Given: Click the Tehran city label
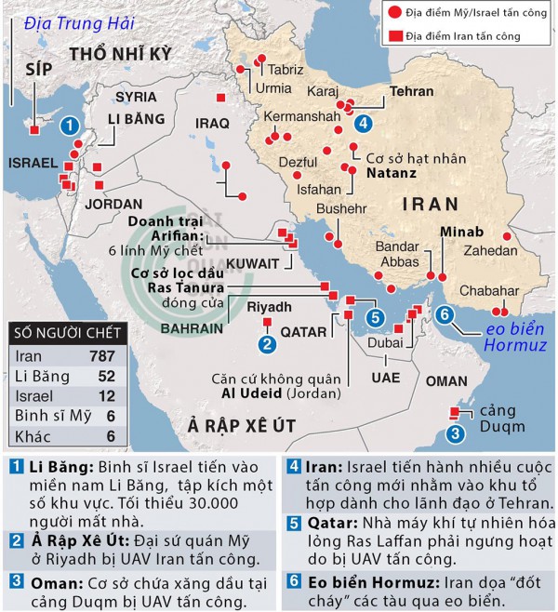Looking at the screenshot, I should click(412, 93).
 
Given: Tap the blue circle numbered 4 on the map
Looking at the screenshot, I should click(363, 122).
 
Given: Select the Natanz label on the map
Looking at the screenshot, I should click(390, 173).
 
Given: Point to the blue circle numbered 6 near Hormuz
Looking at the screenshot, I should click(445, 314).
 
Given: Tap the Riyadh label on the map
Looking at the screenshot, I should click(271, 306).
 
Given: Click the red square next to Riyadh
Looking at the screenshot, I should click(267, 323).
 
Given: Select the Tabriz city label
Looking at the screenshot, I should click(286, 70).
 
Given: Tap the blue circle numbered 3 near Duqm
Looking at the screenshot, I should click(455, 432).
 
